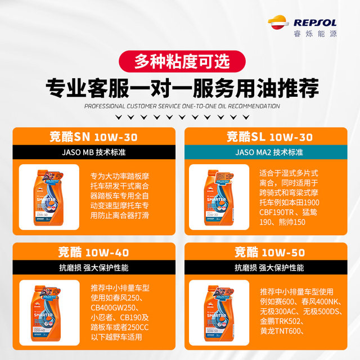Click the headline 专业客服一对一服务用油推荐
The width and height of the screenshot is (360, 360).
point(180,87)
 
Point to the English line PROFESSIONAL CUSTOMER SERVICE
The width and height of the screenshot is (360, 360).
point(180,106)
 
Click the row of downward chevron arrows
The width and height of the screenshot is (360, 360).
point(180,118)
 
